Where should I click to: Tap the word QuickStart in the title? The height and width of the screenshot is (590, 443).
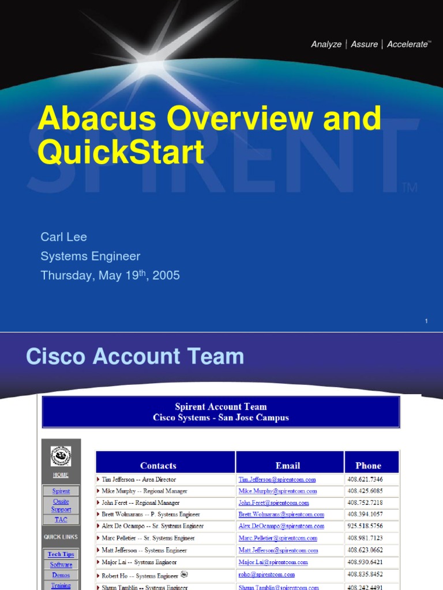pyautogui.click(x=121, y=152)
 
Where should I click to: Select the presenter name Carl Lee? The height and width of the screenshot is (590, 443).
pyautogui.click(x=63, y=237)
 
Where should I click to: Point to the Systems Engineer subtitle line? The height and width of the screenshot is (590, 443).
pyautogui.click(x=90, y=256)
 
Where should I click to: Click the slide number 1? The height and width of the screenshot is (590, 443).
pyautogui.click(x=426, y=321)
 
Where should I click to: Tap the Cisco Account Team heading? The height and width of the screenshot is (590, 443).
pyautogui.click(x=135, y=357)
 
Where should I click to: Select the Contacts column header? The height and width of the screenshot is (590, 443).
pyautogui.click(x=158, y=466)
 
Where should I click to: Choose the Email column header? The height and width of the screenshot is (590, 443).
pyautogui.click(x=288, y=466)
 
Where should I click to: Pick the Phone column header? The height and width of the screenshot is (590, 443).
pyautogui.click(x=368, y=466)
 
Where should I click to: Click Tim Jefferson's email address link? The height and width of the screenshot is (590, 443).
pyautogui.click(x=277, y=479)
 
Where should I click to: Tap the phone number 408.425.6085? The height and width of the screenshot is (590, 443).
pyautogui.click(x=365, y=491)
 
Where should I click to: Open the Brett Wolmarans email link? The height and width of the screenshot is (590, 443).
pyautogui.click(x=281, y=515)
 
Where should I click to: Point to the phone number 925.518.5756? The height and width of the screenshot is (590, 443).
pyautogui.click(x=365, y=526)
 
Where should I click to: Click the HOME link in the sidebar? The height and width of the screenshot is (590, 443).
pyautogui.click(x=61, y=475)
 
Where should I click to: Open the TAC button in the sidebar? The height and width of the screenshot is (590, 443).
pyautogui.click(x=61, y=520)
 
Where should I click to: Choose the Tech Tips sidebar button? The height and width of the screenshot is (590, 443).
pyautogui.click(x=61, y=554)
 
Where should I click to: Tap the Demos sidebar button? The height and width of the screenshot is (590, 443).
pyautogui.click(x=61, y=575)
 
